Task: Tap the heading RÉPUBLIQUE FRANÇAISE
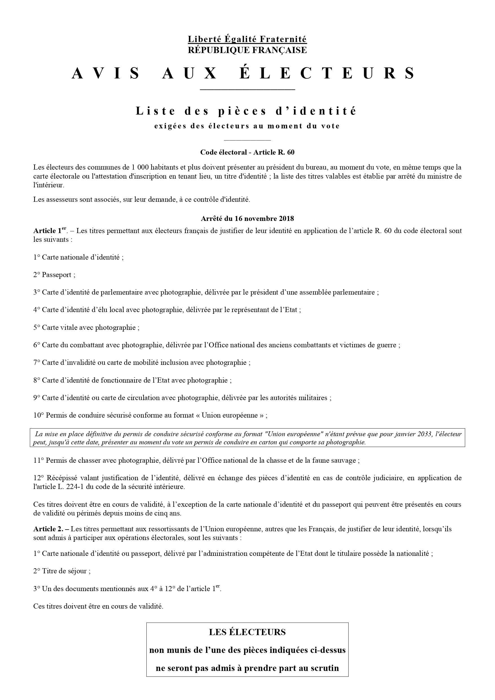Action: (247, 50)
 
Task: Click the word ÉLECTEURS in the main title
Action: (327, 73)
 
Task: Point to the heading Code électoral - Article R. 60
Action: (247, 152)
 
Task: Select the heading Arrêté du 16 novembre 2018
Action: (247, 219)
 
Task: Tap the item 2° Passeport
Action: (54, 275)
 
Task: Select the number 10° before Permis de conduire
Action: (39, 416)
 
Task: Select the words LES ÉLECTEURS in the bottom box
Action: (247, 632)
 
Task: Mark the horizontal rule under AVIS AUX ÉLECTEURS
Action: (247, 90)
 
